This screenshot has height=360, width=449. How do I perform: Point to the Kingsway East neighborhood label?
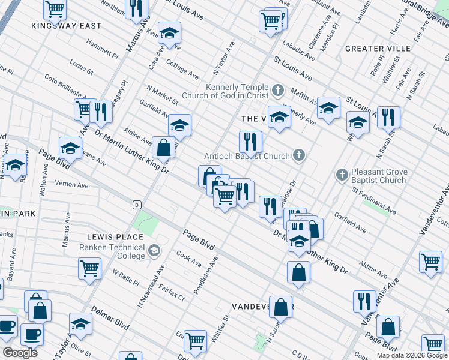click(67, 26)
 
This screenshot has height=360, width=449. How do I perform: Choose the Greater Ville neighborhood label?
click(378, 48)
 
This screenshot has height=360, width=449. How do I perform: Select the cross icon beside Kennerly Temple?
click(277, 91)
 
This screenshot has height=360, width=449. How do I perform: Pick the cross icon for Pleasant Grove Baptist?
click(342, 175)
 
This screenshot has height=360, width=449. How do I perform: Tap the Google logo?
click(20, 353)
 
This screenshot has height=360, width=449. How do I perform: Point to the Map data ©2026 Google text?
click(411, 355)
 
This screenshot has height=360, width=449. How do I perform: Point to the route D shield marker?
click(137, 204)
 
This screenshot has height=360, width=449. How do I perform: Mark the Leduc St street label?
click(81, 67)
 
